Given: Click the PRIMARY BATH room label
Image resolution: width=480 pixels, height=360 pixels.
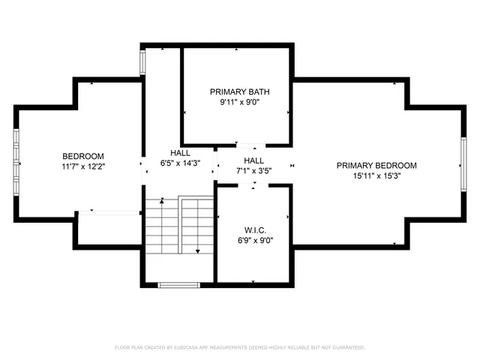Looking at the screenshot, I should click(239, 92).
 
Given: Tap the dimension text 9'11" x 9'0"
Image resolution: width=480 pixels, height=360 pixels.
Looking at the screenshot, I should click(239, 103).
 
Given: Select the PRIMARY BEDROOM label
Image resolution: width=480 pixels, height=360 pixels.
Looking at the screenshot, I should click(376, 166).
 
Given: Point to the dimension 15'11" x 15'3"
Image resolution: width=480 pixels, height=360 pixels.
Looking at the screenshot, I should click(376, 176).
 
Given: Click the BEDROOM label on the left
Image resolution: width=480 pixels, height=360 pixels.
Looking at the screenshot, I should click(83, 156).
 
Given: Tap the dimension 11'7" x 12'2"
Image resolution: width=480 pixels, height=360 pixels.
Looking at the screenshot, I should click(83, 166).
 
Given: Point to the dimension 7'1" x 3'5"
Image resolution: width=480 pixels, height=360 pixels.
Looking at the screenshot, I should click(253, 171).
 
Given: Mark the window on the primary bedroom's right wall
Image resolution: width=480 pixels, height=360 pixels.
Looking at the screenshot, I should click(463, 164).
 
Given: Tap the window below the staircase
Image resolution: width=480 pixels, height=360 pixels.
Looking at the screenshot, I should click(178, 284).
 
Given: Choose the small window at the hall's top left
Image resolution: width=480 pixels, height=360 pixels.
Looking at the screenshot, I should click(143, 62).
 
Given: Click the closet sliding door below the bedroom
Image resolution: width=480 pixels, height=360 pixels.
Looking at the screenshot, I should click(109, 214).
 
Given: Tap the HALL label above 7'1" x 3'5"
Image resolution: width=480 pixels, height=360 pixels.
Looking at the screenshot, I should click(253, 160).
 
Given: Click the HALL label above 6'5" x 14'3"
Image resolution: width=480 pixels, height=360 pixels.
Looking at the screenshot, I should click(180, 151).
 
